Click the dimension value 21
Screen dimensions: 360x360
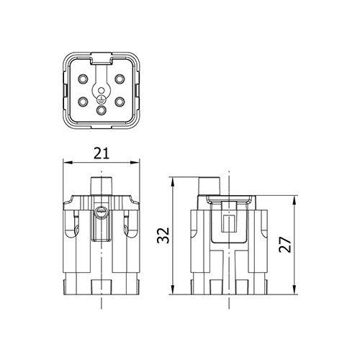(102, 153)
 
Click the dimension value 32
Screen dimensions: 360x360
(163, 235)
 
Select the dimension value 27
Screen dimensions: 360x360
(285, 245)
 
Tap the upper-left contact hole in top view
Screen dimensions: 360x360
(84, 78)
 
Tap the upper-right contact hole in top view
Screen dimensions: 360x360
(120, 78)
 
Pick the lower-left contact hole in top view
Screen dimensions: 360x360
(84, 102)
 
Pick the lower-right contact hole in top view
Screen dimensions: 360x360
(120, 102)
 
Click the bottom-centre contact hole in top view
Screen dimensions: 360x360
(102, 110)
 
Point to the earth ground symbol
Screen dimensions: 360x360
(102, 99)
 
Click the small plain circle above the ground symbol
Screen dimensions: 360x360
(102, 91)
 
